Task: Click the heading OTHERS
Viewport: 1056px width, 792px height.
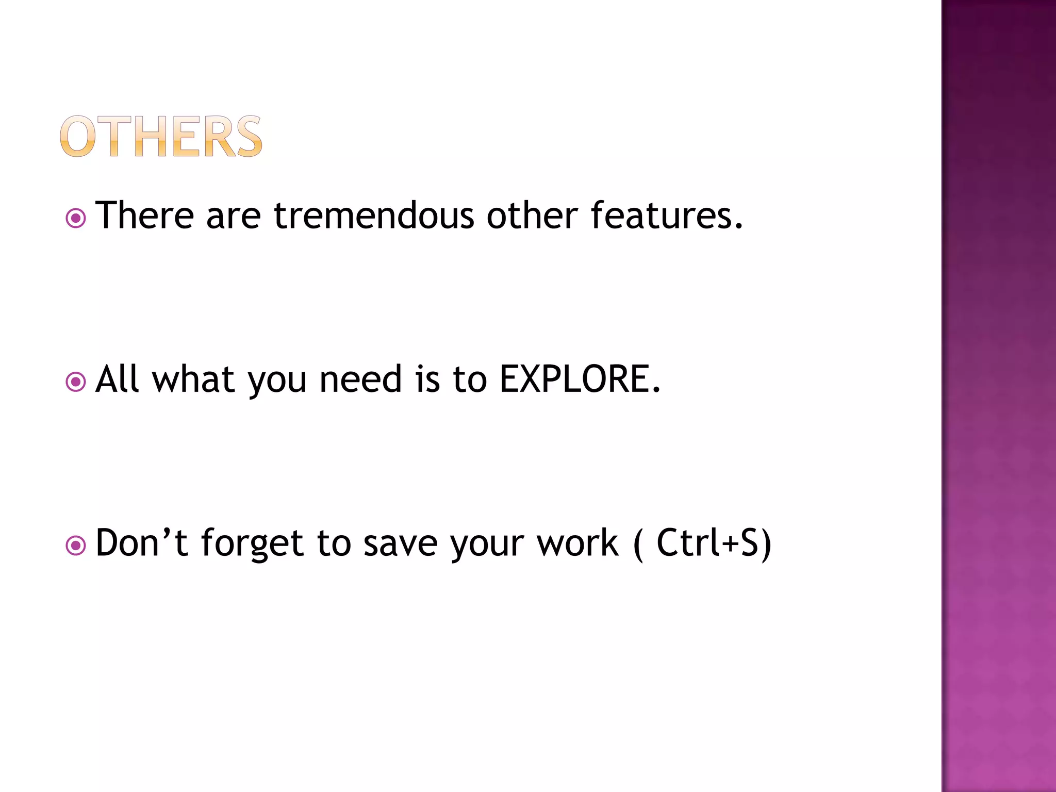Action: (x=161, y=137)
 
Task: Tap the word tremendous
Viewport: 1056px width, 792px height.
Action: (x=374, y=216)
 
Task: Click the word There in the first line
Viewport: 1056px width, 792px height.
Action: (x=145, y=216)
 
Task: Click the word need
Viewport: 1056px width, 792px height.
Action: (x=360, y=379)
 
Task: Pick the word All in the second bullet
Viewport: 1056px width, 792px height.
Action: (x=118, y=379)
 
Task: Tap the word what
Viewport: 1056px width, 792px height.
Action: (x=194, y=379)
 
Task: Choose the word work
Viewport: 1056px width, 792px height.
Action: (x=577, y=543)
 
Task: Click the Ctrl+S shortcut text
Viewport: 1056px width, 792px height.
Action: (x=713, y=543)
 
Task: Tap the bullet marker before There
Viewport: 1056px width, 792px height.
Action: (x=76, y=219)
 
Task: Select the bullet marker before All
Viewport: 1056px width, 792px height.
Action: (x=76, y=383)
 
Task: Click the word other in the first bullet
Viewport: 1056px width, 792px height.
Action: (x=532, y=216)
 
